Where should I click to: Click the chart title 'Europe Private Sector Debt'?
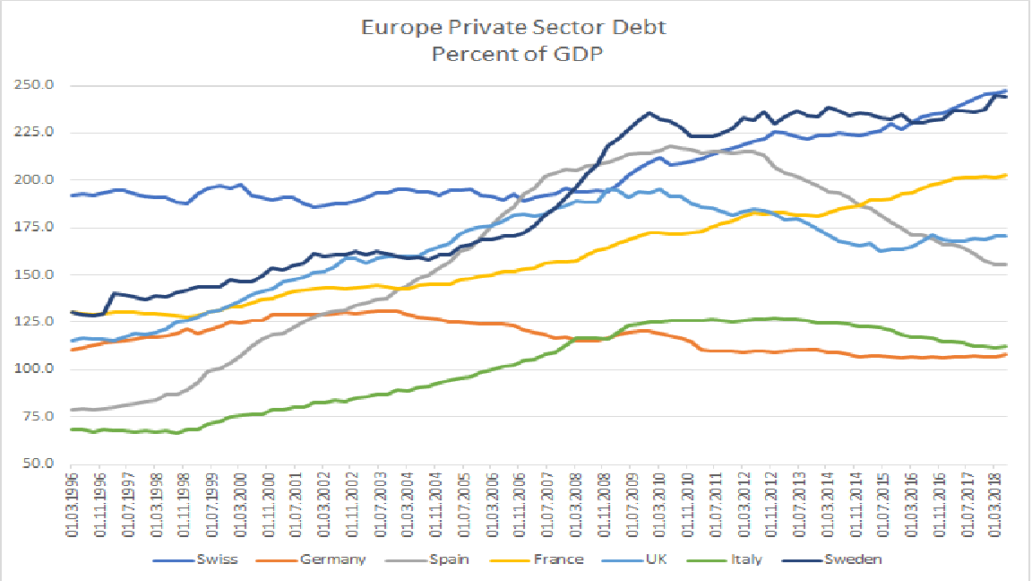[513, 27]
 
